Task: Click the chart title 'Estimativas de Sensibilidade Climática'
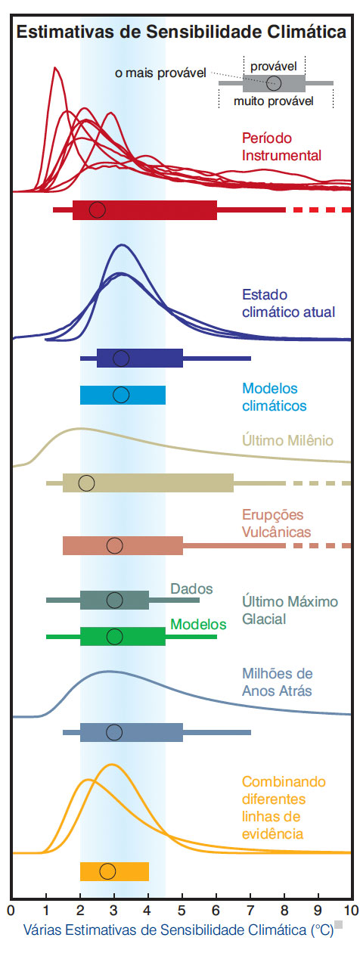[x=181, y=33]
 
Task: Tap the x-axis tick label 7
[x=250, y=911]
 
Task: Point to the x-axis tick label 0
[x=11, y=911]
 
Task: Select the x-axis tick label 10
[x=351, y=911]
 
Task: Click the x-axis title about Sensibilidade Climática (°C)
[x=178, y=930]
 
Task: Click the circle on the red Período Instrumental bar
[x=98, y=210]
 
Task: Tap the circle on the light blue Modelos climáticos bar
[x=121, y=395]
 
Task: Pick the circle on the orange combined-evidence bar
[x=107, y=871]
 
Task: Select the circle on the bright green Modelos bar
[x=114, y=636]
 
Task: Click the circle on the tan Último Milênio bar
[x=86, y=483]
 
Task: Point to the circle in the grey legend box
[x=274, y=82]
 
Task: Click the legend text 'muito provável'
[x=274, y=101]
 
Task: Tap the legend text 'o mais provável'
[x=160, y=73]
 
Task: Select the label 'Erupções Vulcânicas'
[x=276, y=523]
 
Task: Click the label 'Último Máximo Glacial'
[x=290, y=610]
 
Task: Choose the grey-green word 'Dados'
[x=191, y=589]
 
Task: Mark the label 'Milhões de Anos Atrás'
[x=278, y=682]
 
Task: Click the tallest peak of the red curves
[x=55, y=68]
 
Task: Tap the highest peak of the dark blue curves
[x=122, y=245]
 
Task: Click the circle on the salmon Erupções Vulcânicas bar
[x=114, y=545]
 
